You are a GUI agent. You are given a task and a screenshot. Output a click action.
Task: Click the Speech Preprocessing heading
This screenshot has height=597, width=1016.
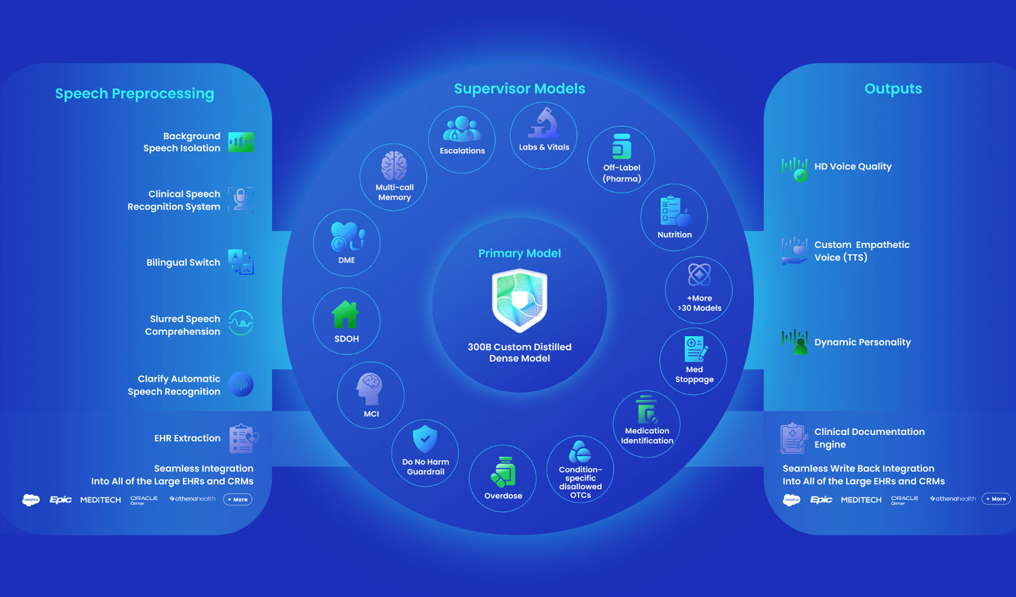click(134, 94)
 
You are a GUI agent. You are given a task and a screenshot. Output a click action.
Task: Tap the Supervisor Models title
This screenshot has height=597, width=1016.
click(520, 89)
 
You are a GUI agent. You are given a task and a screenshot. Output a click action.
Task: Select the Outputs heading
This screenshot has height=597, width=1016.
click(893, 89)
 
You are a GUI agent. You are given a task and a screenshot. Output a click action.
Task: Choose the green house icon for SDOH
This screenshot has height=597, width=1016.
click(345, 315)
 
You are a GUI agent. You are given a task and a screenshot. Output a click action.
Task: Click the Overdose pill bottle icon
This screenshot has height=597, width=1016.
click(503, 472)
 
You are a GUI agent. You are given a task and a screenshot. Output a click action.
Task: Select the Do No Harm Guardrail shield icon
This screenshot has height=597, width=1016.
click(425, 440)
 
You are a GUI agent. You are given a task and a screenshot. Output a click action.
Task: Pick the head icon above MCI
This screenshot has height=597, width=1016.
click(370, 389)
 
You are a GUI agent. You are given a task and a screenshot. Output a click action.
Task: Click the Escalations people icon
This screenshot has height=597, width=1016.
click(461, 129)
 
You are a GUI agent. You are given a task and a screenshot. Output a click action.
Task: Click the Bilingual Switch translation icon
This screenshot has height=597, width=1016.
click(241, 262)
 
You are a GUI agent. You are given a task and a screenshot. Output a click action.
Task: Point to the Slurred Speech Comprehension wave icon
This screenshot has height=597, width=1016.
click(241, 323)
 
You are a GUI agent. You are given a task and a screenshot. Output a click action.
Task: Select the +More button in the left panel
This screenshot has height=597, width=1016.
click(238, 499)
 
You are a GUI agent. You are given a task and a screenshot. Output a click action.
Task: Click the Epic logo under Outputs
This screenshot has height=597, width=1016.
click(821, 499)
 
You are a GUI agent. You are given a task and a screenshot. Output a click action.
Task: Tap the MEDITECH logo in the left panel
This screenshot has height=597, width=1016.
click(100, 500)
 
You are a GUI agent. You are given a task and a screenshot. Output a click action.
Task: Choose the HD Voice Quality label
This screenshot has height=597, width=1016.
click(853, 167)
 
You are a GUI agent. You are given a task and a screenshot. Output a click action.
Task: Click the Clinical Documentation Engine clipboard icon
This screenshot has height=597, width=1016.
click(792, 438)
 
